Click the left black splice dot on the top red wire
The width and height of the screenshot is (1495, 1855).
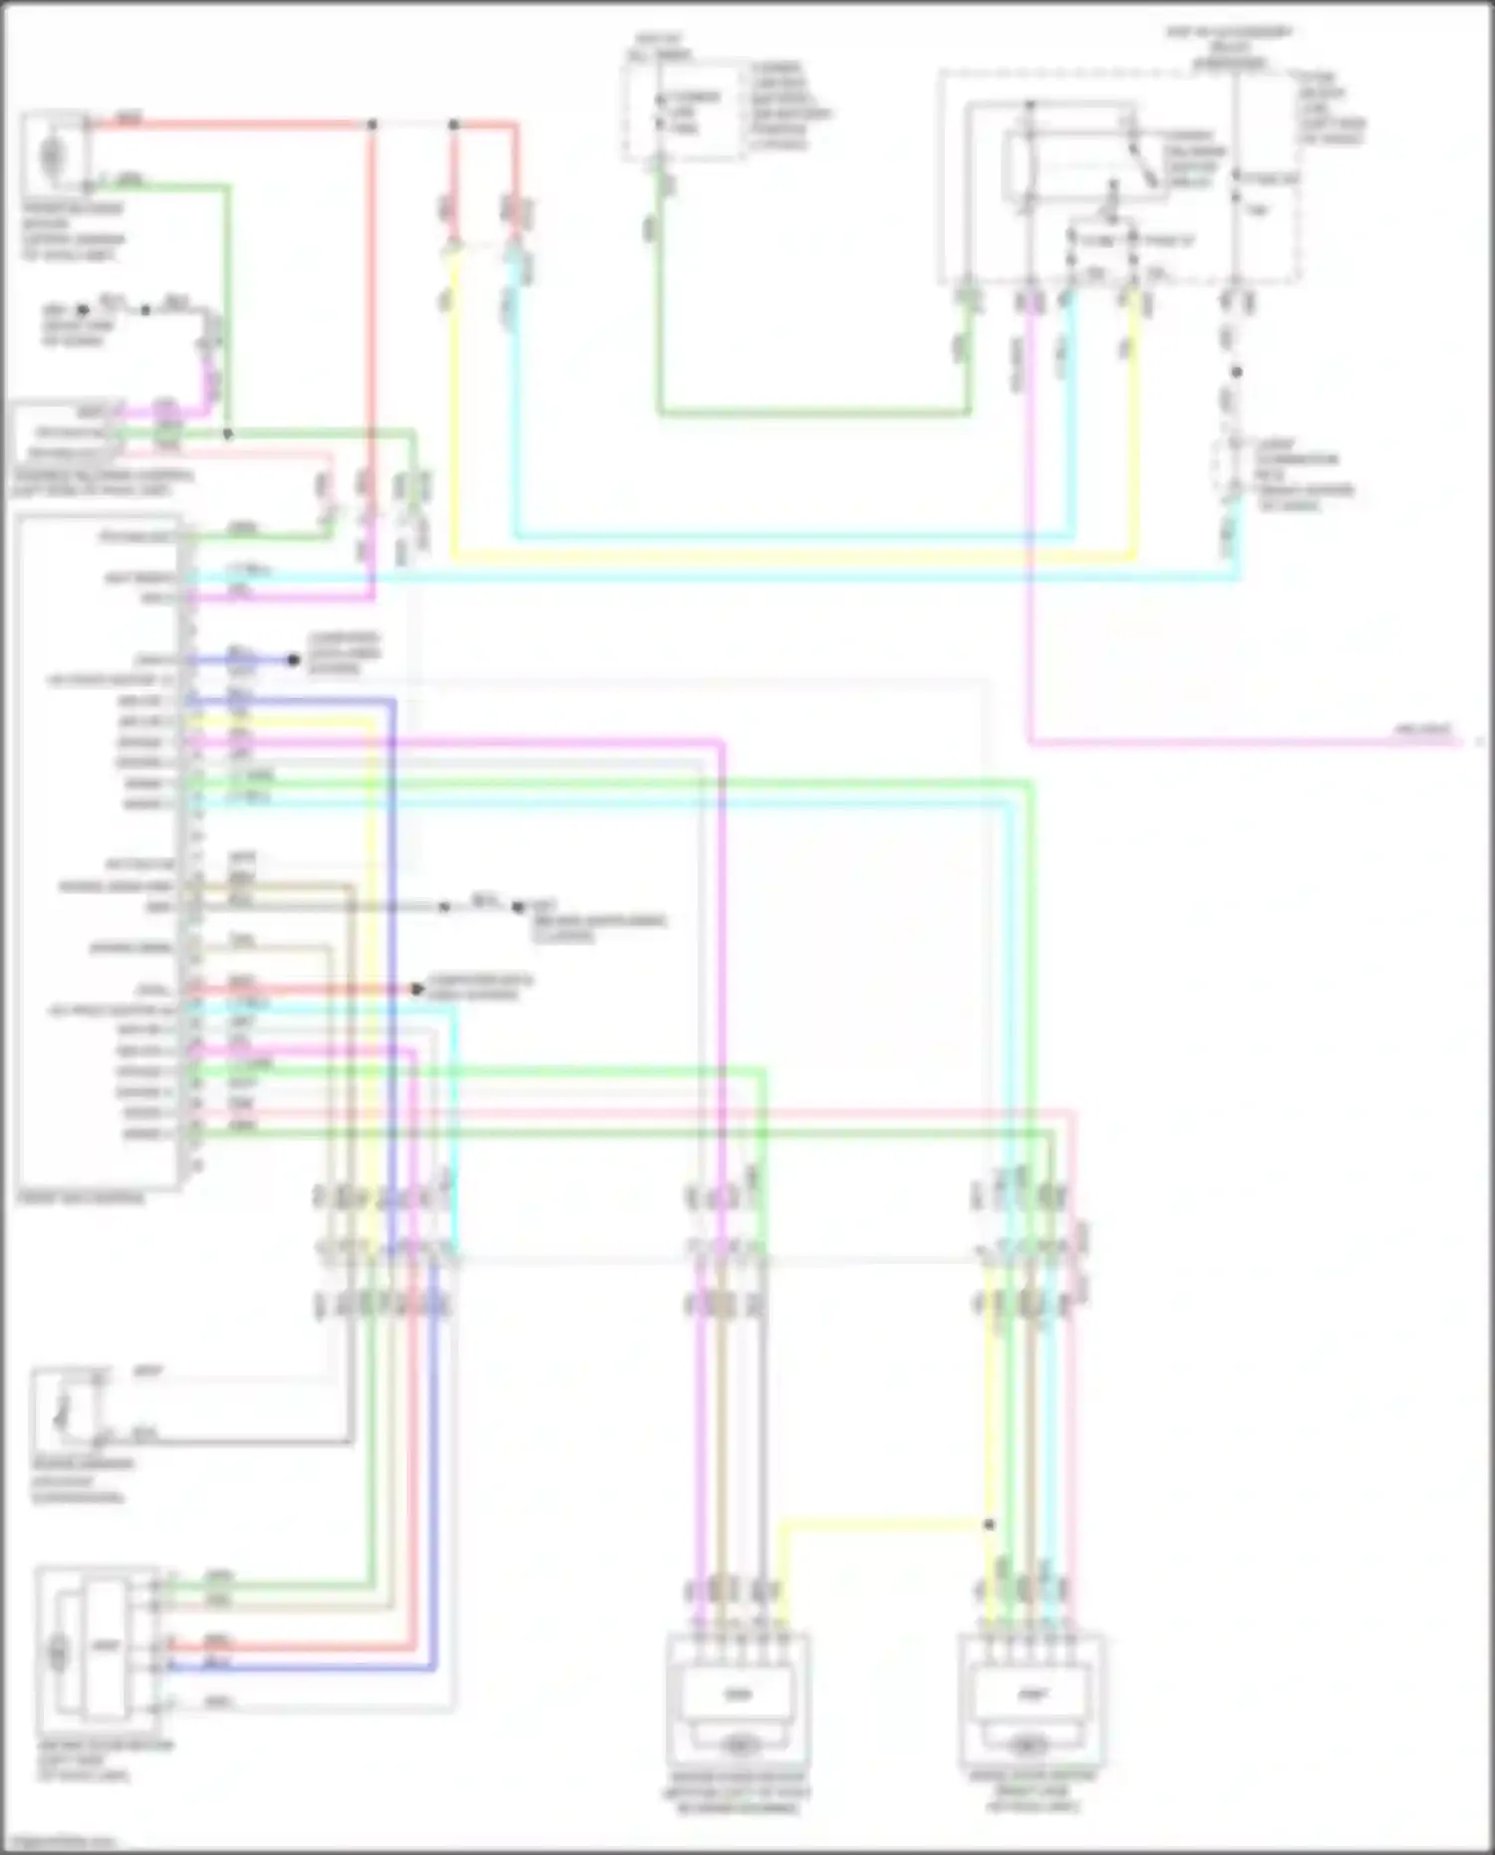372,125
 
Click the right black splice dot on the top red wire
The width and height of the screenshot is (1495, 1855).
453,125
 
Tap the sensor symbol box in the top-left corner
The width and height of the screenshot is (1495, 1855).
55,155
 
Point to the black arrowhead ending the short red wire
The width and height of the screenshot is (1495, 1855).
418,989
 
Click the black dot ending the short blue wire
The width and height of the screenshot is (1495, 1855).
293,660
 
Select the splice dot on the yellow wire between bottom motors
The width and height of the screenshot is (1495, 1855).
989,1524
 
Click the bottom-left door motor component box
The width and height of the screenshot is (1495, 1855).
98,1647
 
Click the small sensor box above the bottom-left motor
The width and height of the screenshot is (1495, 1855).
68,1409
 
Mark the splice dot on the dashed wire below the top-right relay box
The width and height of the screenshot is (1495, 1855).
1236,372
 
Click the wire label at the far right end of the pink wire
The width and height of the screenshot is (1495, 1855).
1423,731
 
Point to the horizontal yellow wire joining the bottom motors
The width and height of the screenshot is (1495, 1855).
882,1523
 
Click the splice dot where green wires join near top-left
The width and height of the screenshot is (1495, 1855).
227,435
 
